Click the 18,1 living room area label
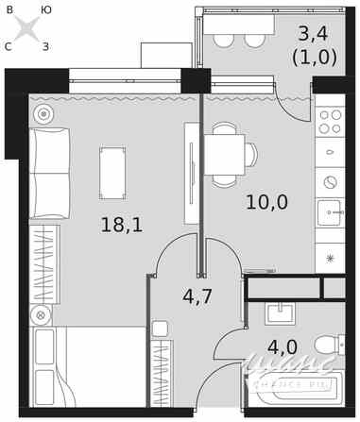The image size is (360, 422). (121, 225)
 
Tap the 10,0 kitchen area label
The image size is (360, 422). (266, 202)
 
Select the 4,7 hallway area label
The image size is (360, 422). (197, 296)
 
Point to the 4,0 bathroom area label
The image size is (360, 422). (282, 346)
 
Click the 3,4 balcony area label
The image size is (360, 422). (313, 34)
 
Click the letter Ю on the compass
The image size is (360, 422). (46, 9)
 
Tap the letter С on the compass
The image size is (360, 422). (8, 45)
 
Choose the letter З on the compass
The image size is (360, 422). (45, 45)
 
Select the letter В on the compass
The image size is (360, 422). (9, 9)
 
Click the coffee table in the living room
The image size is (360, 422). (112, 173)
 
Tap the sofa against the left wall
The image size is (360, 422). (49, 174)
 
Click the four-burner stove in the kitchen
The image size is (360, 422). (330, 122)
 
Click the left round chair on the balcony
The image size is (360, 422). (224, 39)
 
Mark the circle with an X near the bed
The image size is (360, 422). (41, 315)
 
